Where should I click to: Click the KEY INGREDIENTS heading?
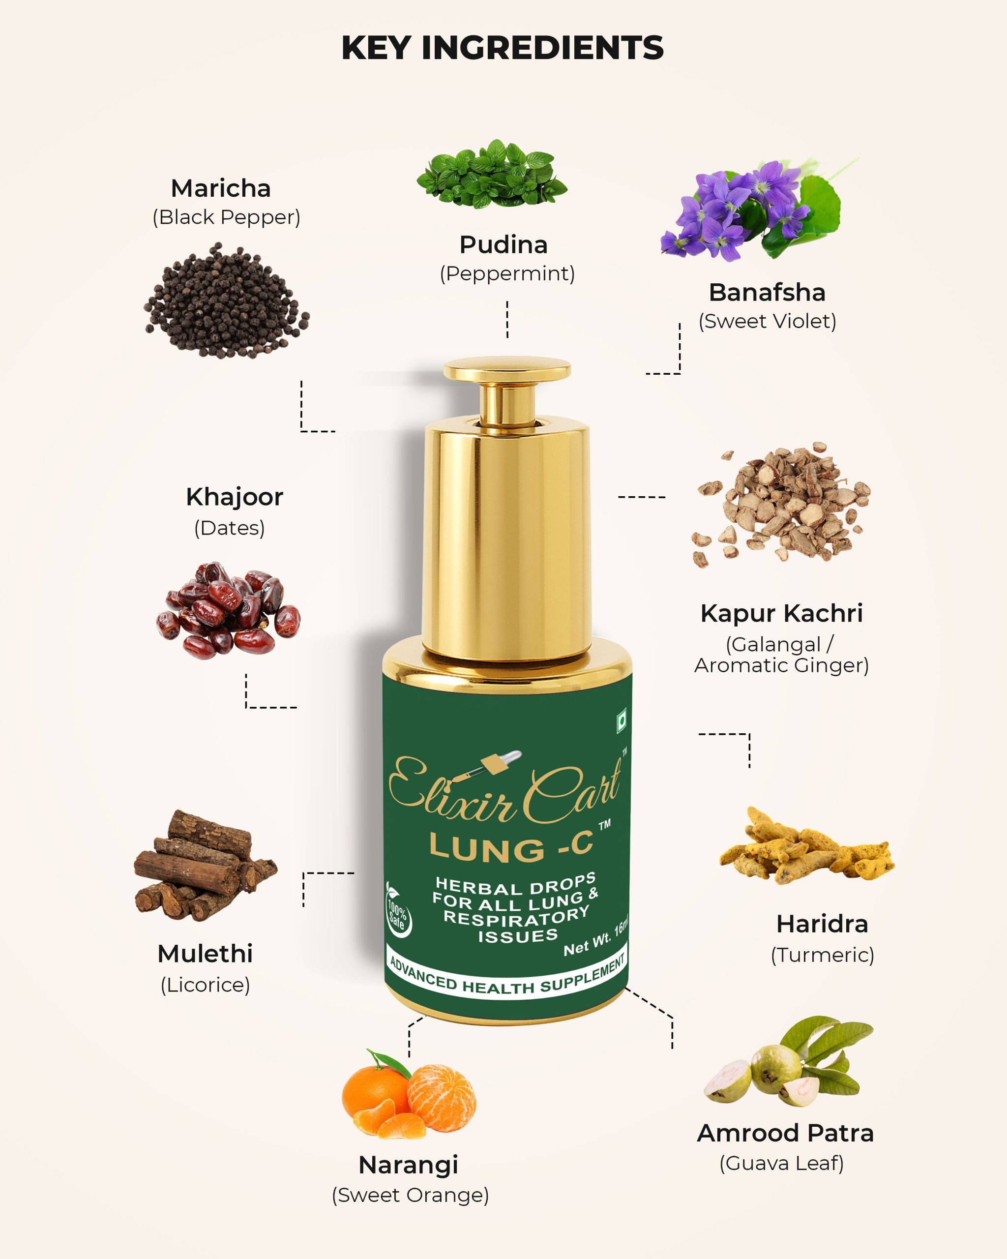click(x=503, y=48)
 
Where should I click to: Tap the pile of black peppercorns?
click(x=227, y=301)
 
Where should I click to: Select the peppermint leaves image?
click(x=492, y=174)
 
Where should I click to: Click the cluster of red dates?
click(x=228, y=610)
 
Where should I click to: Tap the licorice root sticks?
click(x=205, y=865)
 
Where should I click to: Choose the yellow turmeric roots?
click(x=806, y=846)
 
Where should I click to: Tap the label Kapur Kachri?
click(x=782, y=613)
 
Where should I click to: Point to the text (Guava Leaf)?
click(x=782, y=1163)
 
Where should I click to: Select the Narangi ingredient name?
click(x=408, y=1165)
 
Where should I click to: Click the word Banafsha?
click(x=767, y=292)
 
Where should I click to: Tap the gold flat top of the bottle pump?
click(x=507, y=369)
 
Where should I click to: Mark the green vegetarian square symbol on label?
click(x=622, y=720)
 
